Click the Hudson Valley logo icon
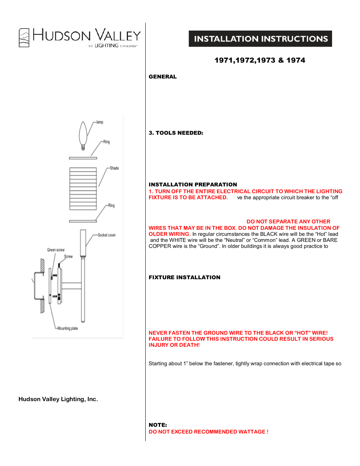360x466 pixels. coord(24,38)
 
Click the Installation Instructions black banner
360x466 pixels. coord(260,39)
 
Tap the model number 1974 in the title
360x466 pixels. coord(296,60)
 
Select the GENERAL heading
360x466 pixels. coord(163,77)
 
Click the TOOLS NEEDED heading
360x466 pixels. coord(176,133)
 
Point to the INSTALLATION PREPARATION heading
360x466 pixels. coord(193,185)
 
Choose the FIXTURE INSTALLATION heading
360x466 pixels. coord(185,277)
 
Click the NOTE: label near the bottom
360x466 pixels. coord(158,425)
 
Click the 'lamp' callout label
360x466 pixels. coord(100,122)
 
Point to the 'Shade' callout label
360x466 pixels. coord(114,168)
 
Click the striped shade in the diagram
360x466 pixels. coord(83,189)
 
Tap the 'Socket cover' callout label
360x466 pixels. coord(106,235)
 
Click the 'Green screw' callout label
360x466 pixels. coord(56,250)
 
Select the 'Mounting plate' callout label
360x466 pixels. coord(68,328)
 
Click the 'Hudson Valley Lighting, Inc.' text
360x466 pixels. coord(58,399)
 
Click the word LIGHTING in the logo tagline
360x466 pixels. coord(106,46)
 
